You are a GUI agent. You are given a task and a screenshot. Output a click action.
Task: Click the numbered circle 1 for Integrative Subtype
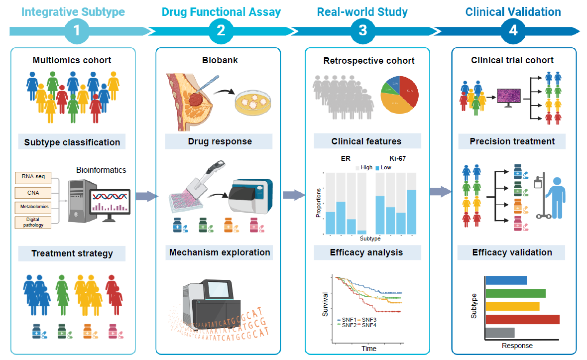[76, 31]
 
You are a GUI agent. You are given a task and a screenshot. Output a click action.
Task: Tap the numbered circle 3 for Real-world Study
[363, 31]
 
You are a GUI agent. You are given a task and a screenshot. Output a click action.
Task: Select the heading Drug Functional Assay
[221, 12]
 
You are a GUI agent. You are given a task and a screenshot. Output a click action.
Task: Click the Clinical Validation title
[513, 12]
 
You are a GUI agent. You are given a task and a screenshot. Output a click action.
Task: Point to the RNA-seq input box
[34, 176]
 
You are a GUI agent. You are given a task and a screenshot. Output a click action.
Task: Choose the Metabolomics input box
[34, 206]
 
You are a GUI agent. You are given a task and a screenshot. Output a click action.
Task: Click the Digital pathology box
[34, 222]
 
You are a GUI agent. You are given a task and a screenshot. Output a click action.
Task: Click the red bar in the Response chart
[522, 319]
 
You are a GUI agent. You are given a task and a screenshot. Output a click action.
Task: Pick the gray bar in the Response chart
[499, 332]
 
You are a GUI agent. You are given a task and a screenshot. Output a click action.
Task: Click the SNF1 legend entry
[347, 319]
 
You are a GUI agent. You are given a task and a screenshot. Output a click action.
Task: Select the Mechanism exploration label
[220, 252]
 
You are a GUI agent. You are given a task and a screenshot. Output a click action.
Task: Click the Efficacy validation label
[512, 252]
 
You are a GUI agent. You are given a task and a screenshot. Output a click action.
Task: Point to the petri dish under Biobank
[251, 104]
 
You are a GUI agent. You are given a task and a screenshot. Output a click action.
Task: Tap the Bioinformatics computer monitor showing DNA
[110, 201]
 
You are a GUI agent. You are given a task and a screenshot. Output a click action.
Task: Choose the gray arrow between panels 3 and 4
[440, 192]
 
